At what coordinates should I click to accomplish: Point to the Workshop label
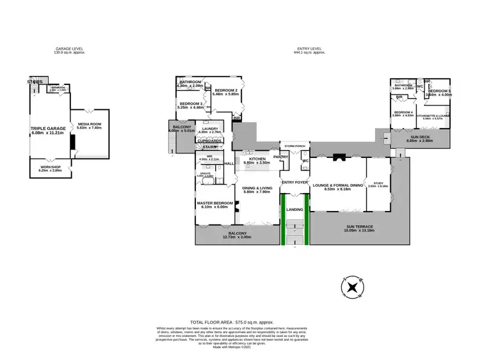point(52,169)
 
